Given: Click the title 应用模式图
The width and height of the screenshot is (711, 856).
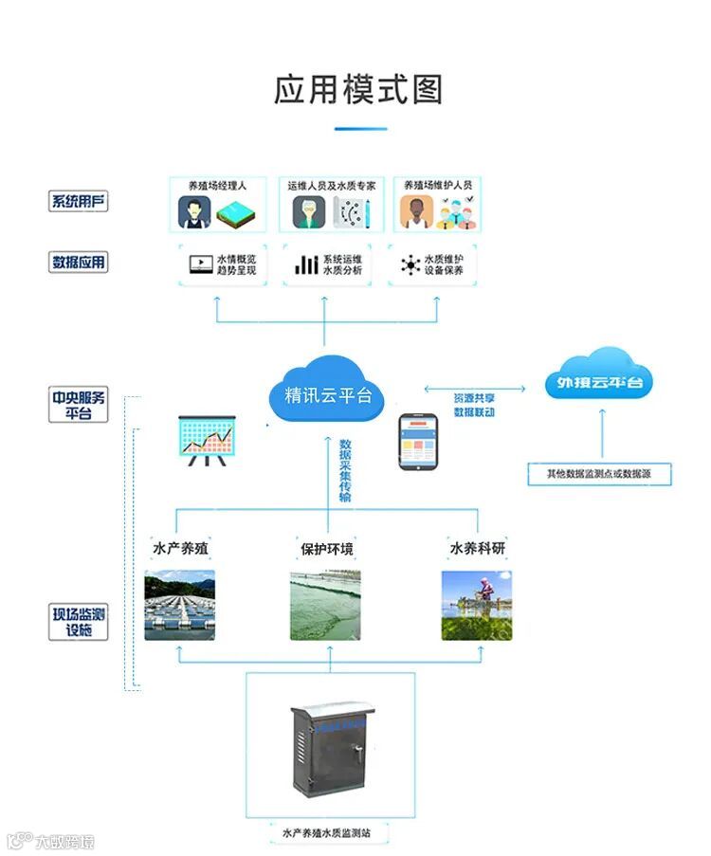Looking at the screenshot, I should click(x=357, y=90).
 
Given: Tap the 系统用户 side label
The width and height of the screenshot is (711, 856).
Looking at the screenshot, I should click(x=79, y=202).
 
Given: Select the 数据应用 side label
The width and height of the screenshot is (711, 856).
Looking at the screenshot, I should click(x=79, y=263).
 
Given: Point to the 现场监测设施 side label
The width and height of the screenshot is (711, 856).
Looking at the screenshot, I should click(x=80, y=622).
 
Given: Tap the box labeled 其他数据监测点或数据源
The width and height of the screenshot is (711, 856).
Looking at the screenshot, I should click(x=599, y=473).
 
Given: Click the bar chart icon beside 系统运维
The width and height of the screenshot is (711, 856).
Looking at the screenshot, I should click(x=306, y=264).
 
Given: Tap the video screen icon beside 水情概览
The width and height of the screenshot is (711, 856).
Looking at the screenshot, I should click(x=201, y=264).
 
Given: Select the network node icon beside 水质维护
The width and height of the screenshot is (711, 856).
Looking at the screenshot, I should click(x=410, y=264).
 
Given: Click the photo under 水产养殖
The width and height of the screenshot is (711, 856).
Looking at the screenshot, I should click(x=179, y=605).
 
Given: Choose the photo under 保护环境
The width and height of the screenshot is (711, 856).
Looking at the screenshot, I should click(x=325, y=605).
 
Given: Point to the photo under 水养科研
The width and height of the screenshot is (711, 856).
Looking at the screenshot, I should click(x=477, y=605).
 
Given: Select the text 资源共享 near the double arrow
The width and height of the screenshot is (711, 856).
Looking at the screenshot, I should click(x=473, y=398).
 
